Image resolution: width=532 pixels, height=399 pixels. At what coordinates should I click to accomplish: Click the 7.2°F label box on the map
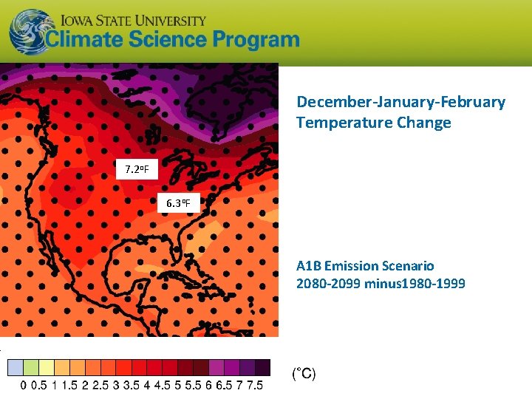[137, 170]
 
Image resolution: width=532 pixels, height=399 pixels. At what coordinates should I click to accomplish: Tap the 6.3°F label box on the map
[178, 202]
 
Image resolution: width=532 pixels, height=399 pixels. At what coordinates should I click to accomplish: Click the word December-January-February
[401, 102]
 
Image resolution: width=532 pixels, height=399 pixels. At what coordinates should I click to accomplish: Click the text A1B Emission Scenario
[365, 265]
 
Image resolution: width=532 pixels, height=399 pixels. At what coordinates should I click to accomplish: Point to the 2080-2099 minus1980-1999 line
[381, 283]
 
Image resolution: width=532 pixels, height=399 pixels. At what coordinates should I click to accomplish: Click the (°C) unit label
[304, 374]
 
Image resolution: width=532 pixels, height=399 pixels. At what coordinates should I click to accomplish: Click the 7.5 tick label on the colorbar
[255, 386]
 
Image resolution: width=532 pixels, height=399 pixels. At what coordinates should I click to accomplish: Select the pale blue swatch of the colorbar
[15, 367]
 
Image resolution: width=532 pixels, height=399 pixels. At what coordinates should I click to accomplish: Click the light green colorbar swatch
[30, 367]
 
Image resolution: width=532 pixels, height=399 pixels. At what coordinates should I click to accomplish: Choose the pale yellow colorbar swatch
[46, 367]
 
